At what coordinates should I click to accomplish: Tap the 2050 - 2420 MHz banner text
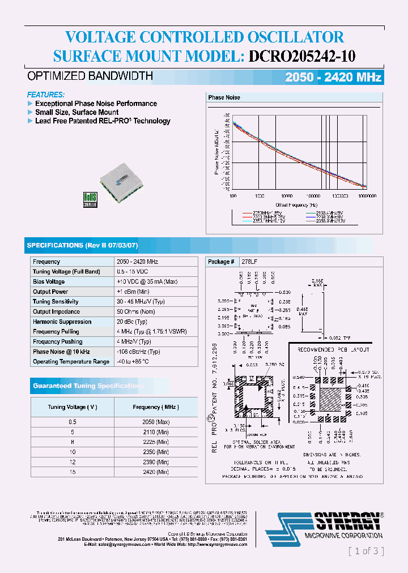(x=333, y=78)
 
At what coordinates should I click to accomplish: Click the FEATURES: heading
(x=46, y=95)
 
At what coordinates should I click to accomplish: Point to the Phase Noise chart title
(x=224, y=97)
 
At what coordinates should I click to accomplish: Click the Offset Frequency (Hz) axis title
(x=296, y=204)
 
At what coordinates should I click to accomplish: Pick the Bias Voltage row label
(x=49, y=281)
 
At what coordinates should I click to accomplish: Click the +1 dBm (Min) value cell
(x=133, y=292)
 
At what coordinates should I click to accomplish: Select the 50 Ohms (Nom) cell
(x=135, y=311)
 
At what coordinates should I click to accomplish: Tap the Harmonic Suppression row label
(x=62, y=322)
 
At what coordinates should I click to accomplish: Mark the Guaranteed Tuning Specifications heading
(x=88, y=386)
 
